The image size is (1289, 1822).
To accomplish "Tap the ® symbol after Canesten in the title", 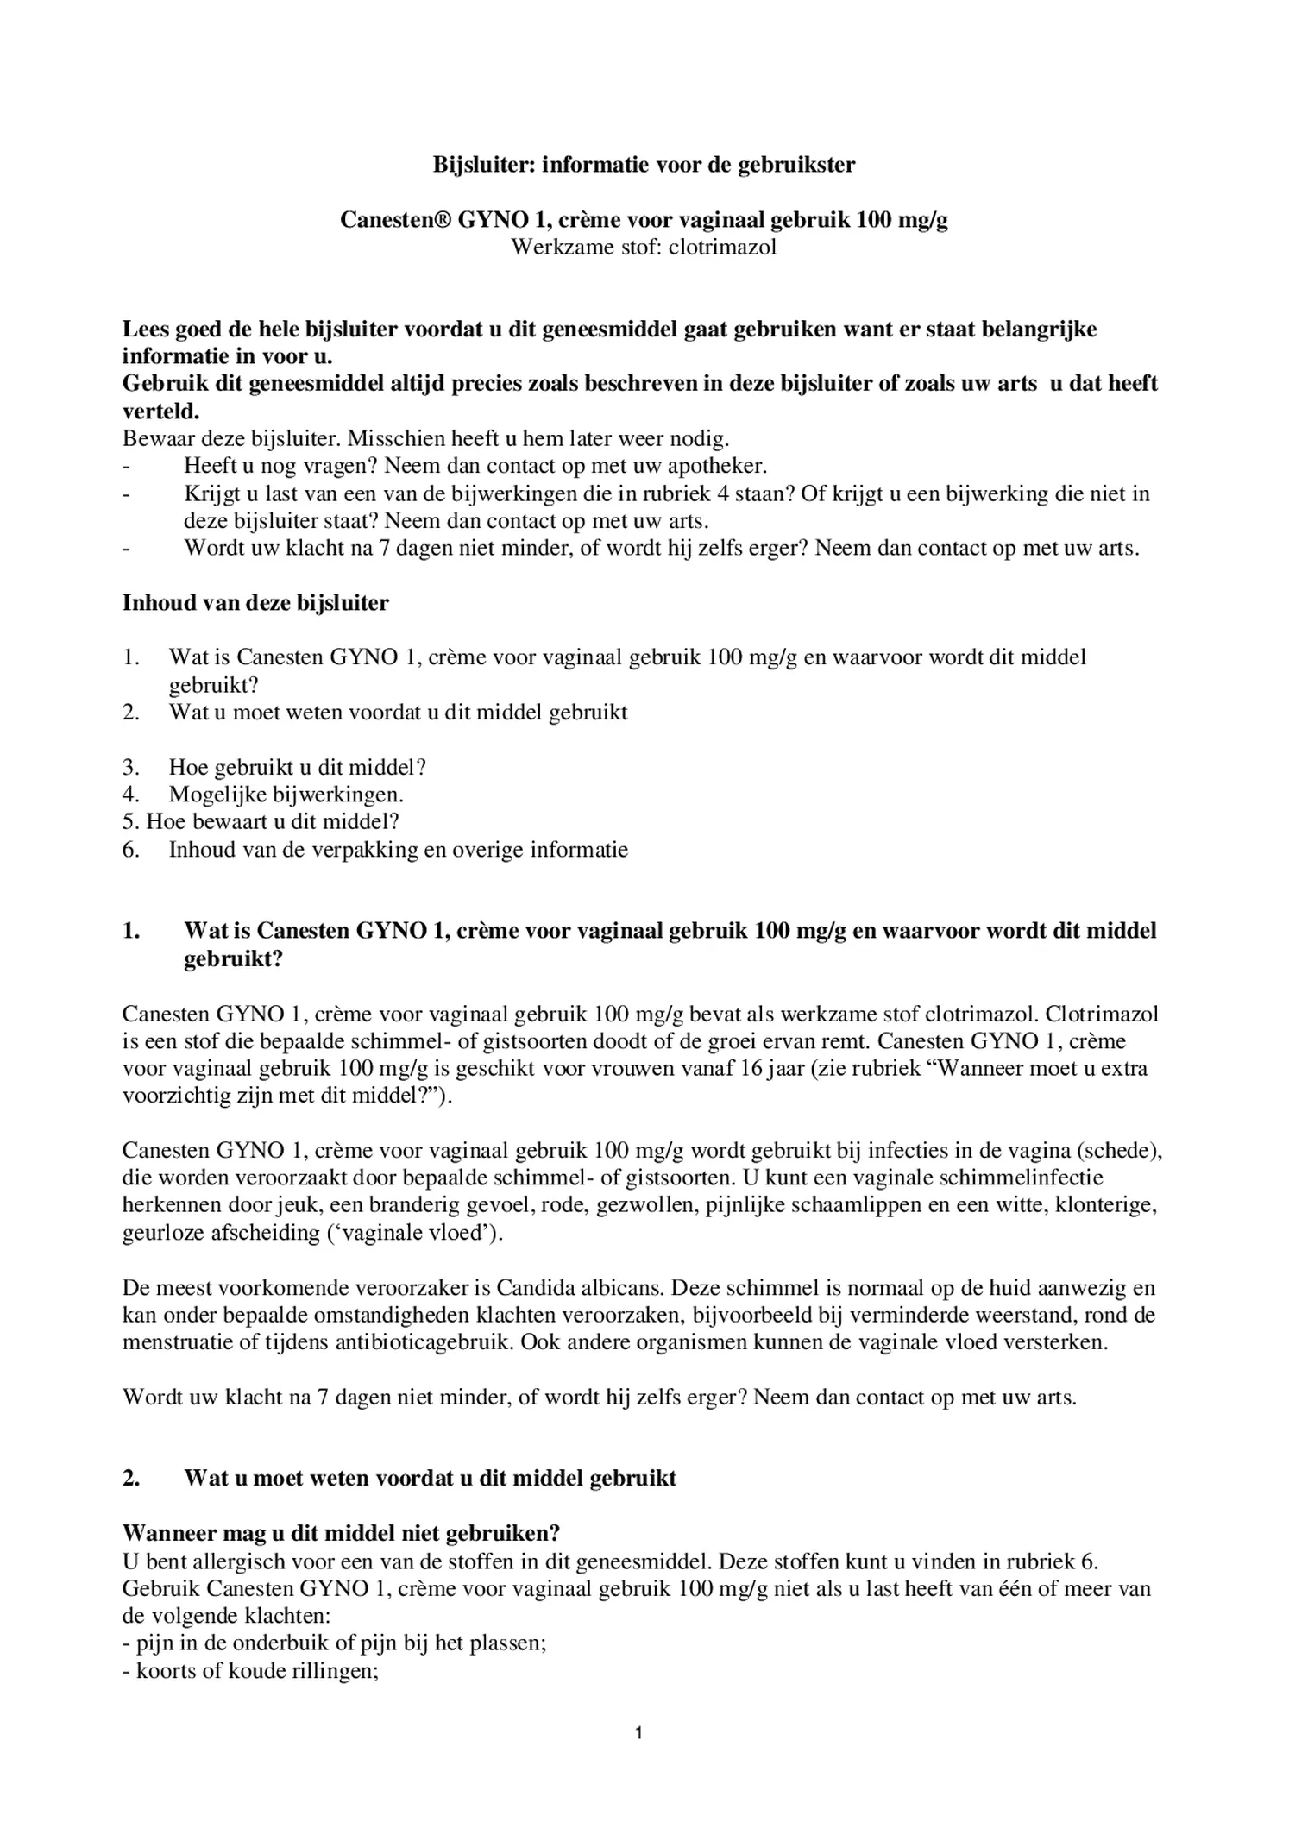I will point(443,220).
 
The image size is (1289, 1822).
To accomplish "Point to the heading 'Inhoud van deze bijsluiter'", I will point(255,602).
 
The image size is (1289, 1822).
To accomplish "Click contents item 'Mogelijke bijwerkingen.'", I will point(286,794).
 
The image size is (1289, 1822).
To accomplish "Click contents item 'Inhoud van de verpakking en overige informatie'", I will point(398,849).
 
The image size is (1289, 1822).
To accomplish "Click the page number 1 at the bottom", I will point(638,1731).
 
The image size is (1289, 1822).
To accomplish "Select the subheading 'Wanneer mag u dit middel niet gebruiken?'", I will point(341,1533).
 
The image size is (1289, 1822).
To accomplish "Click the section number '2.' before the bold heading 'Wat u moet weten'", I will point(131,1478).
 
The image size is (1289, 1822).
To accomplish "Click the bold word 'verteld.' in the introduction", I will point(161,411).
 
